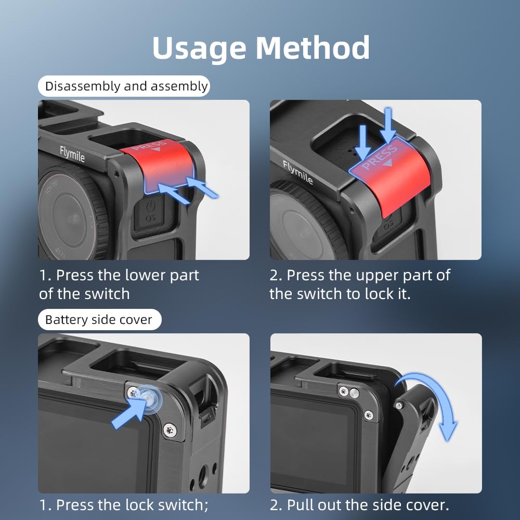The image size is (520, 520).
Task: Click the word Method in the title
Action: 313,47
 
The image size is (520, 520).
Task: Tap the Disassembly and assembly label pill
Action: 124,86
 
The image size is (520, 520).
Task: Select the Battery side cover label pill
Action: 99,319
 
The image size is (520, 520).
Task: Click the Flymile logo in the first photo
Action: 72,154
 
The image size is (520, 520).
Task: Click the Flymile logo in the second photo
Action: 297,172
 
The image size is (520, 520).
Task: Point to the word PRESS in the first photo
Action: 149,146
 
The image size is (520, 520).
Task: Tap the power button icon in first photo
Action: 151,205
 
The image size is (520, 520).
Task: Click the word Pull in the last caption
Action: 300,505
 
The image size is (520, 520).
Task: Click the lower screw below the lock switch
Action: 170,430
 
